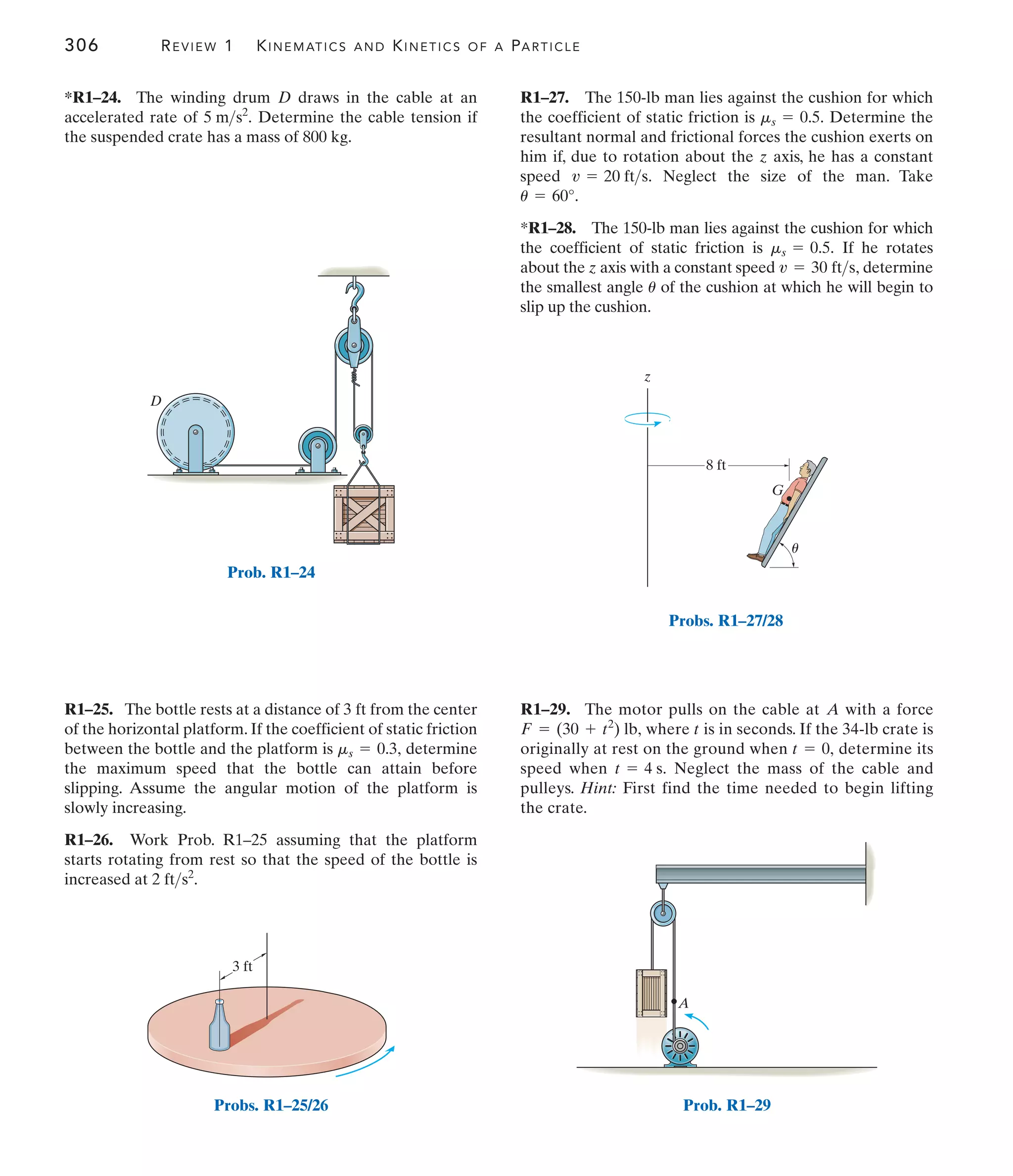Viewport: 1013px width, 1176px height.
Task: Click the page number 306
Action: [81, 45]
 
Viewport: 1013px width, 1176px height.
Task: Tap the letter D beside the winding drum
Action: [155, 401]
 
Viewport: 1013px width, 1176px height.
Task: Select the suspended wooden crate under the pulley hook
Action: [364, 514]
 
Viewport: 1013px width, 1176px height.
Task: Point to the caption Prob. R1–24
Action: [271, 572]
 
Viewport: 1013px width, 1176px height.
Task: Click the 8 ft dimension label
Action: [716, 466]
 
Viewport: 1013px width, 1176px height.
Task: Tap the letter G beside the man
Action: [777, 490]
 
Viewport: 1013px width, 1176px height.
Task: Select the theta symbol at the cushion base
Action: [795, 548]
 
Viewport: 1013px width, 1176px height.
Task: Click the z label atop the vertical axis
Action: [647, 377]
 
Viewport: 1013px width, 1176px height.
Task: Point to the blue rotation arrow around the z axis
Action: [647, 420]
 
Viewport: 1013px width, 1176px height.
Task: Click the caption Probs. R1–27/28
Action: [725, 620]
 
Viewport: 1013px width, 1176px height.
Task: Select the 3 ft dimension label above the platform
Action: [242, 967]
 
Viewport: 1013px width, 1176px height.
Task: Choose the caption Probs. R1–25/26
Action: [271, 1105]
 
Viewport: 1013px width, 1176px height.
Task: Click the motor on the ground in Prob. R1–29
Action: [680, 1047]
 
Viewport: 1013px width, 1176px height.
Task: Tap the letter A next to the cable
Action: [684, 1003]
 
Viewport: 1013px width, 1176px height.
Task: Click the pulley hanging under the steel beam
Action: [662, 914]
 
